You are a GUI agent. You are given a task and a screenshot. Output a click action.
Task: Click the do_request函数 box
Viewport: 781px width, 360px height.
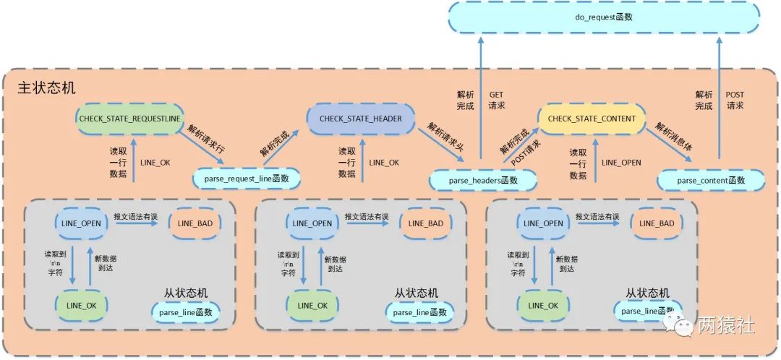pos(604,17)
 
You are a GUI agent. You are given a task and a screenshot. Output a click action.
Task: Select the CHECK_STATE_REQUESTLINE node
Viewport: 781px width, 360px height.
pos(130,119)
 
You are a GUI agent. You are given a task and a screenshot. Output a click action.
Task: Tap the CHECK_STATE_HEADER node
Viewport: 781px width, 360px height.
pos(361,119)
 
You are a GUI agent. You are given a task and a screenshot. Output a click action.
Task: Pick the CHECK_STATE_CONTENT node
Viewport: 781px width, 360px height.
pos(592,119)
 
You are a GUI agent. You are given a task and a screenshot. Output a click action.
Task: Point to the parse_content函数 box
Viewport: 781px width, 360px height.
pos(712,179)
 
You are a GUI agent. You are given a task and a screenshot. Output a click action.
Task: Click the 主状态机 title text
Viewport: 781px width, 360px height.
pos(46,87)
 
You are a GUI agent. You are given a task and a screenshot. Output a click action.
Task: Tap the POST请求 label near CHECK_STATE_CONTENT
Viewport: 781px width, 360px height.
pos(526,151)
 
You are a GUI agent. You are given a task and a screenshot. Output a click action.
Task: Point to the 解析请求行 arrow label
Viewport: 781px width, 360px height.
pos(206,138)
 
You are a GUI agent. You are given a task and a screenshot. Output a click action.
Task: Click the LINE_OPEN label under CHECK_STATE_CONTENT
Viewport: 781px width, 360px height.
pos(621,163)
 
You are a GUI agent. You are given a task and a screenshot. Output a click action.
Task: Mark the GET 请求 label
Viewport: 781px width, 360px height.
pos(497,100)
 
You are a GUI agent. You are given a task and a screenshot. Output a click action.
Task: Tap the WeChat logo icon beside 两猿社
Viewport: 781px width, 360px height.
pos(681,327)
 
